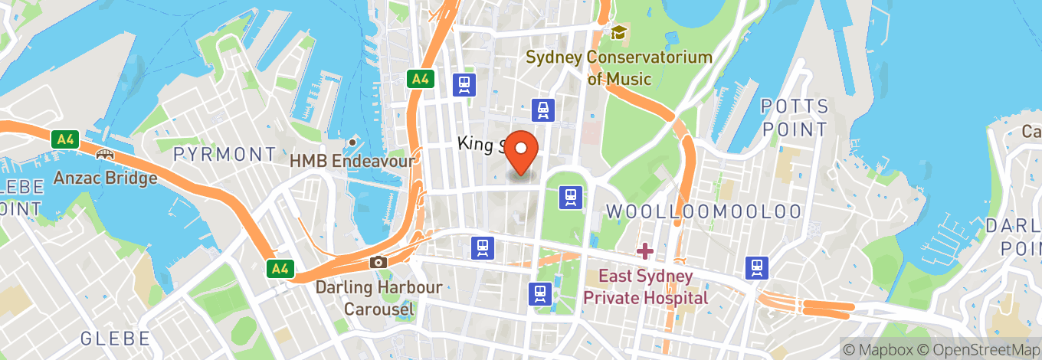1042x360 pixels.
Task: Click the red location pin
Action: tap(523, 150)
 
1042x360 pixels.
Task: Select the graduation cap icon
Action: tap(618, 32)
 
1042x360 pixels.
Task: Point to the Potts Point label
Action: tap(794, 117)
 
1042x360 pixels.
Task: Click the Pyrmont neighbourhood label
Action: tap(224, 154)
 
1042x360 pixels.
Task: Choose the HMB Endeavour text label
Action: tap(352, 161)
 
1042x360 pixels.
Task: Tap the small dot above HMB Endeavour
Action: tap(352, 142)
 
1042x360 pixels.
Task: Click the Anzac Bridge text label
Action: tap(105, 178)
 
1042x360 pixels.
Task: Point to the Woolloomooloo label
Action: tap(703, 211)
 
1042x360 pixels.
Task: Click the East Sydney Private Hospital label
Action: tap(646, 286)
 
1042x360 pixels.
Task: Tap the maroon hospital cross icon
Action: tap(645, 250)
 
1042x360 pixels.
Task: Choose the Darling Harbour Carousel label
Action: tap(378, 298)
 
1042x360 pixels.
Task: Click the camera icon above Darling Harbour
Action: tap(378, 262)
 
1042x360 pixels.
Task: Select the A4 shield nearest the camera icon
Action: tap(280, 268)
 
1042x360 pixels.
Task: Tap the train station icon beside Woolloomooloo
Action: tap(571, 197)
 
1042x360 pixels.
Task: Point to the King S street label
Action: tap(480, 143)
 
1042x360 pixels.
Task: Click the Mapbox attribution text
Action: tap(880, 349)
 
